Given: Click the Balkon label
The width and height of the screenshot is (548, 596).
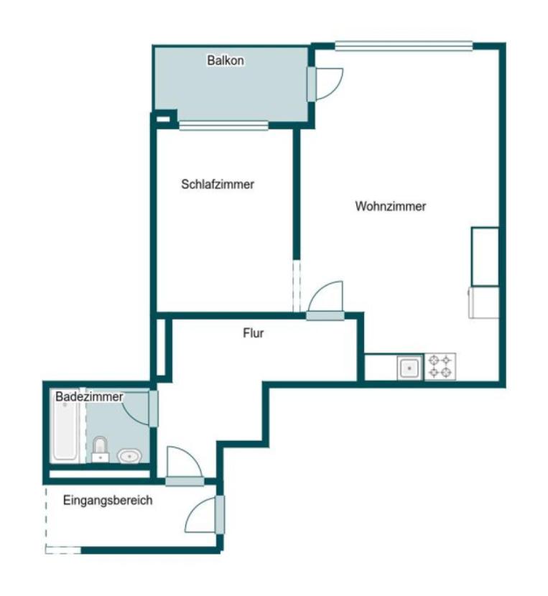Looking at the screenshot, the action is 226,60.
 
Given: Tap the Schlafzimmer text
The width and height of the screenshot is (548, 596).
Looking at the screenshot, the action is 218,185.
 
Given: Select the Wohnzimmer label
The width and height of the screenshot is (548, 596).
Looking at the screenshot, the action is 391,206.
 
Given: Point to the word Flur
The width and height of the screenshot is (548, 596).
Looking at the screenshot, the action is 254,333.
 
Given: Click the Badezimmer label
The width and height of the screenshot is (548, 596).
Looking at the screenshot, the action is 89,397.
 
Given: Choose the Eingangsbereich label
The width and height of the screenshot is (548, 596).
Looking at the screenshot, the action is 108,500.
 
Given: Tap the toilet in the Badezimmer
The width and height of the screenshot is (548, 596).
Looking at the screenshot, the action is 101,450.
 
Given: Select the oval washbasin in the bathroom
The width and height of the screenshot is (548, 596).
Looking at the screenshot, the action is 130,455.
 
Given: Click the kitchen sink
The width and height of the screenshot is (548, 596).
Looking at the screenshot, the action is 409,368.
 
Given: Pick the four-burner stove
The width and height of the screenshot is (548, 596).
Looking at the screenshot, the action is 440,367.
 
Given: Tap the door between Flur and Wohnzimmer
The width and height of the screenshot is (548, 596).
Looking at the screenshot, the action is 325,301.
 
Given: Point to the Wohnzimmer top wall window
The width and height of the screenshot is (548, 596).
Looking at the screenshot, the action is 404,46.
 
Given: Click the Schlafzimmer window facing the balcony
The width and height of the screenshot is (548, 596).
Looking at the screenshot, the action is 223,126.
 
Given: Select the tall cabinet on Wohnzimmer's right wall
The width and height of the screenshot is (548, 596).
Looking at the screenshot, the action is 485,256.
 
